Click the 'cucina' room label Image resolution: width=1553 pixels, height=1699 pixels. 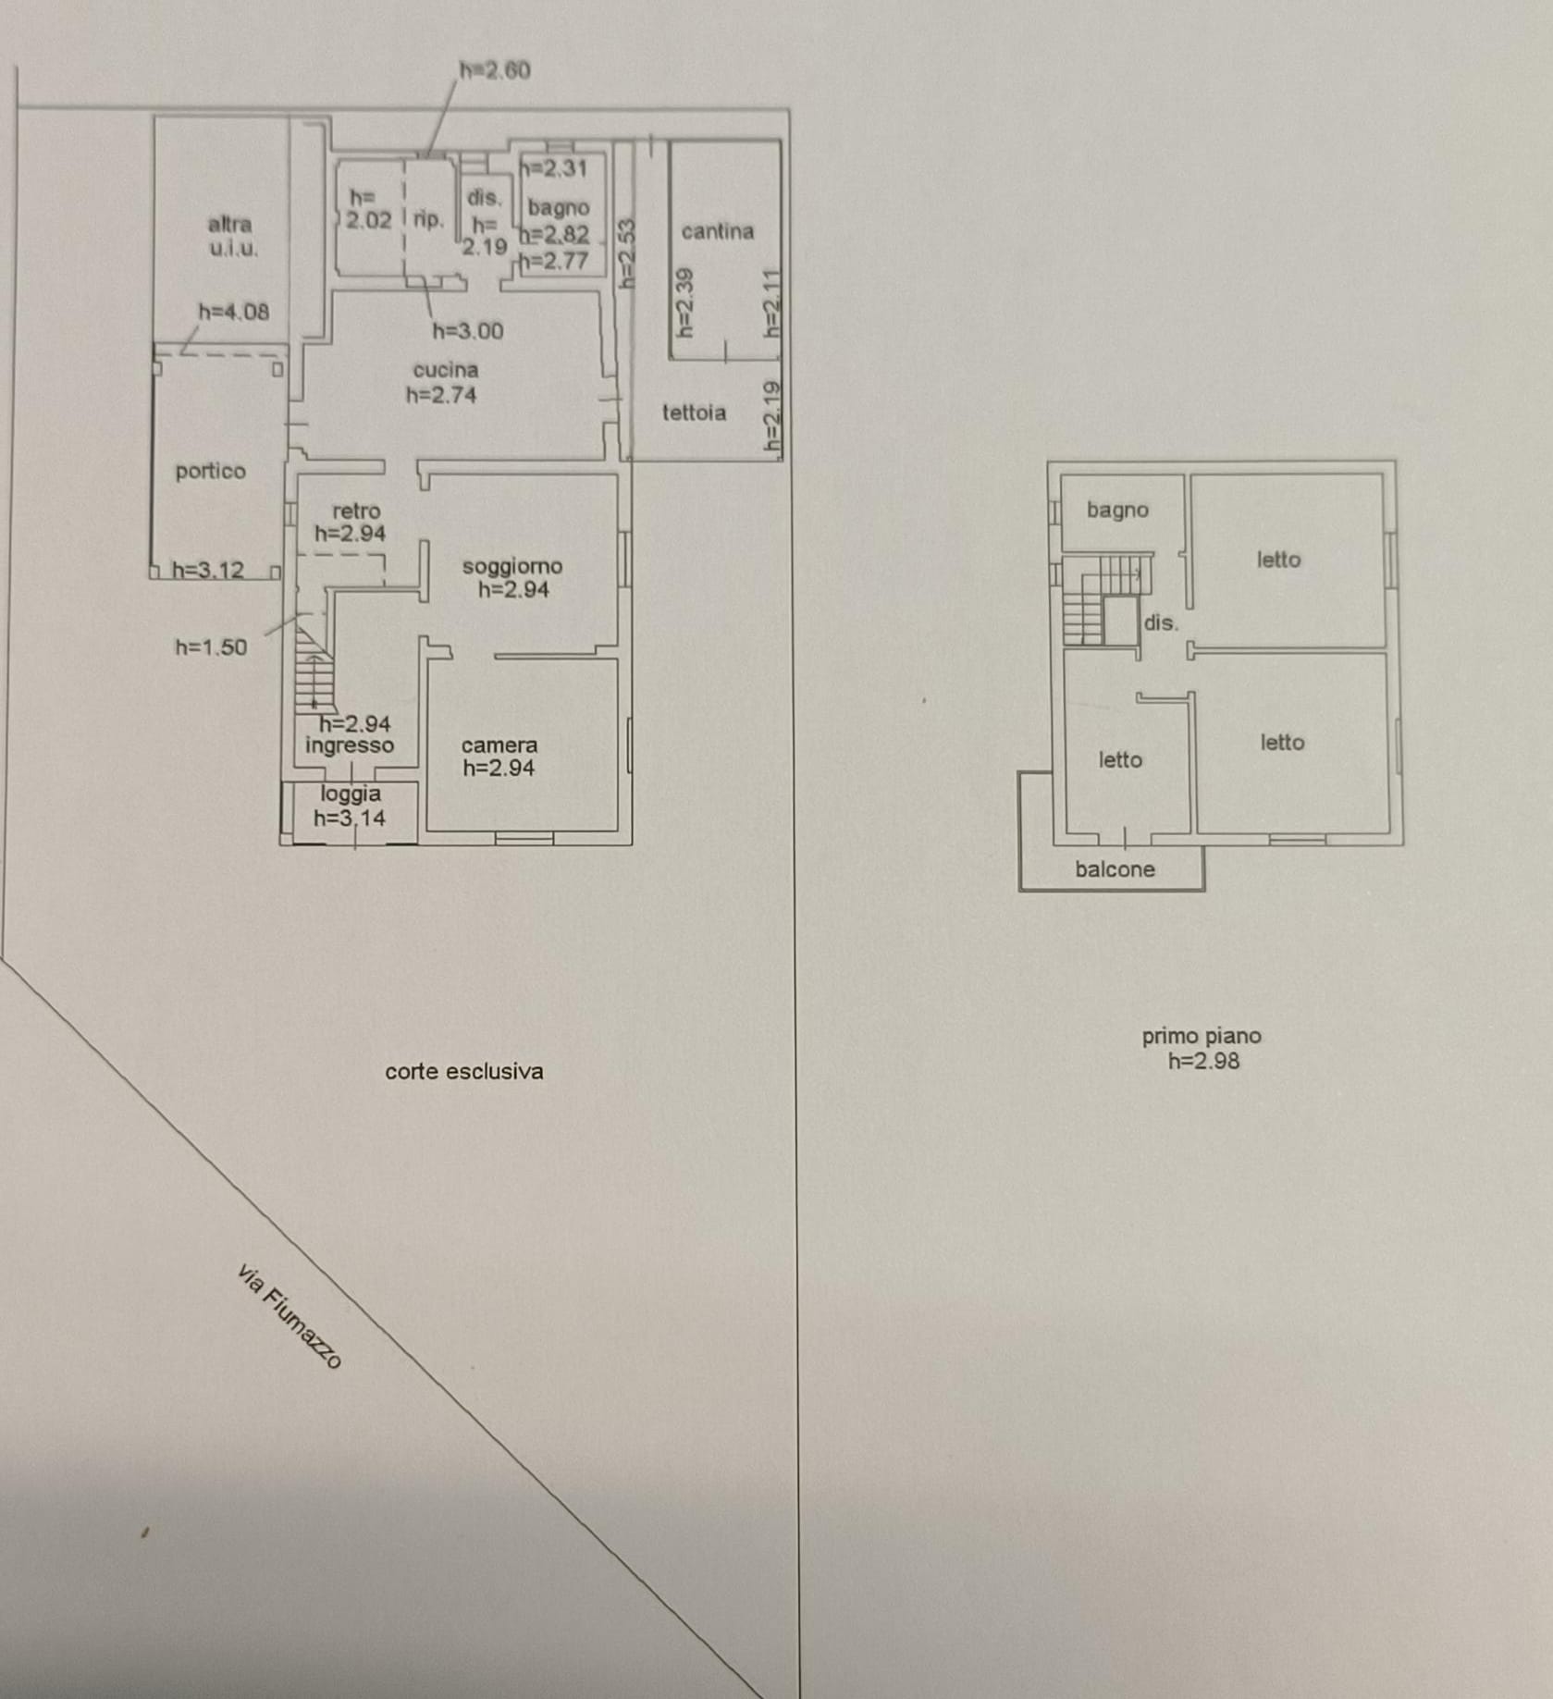(x=446, y=370)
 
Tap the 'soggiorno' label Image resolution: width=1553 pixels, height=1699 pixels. (x=512, y=566)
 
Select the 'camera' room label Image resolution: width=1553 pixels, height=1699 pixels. (x=499, y=745)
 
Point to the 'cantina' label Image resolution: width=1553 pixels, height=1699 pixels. (x=718, y=231)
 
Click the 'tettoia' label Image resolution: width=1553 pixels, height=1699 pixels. (x=694, y=412)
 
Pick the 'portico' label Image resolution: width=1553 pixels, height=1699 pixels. (x=211, y=472)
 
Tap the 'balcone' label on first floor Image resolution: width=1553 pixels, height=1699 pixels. (x=1115, y=869)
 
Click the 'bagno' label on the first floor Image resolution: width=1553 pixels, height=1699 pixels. (x=1117, y=510)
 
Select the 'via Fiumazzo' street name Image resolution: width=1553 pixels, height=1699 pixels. (x=290, y=1316)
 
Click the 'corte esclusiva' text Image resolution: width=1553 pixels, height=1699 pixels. (x=464, y=1071)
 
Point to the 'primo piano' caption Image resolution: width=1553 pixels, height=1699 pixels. (x=1202, y=1036)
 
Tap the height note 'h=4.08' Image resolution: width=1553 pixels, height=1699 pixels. (x=234, y=312)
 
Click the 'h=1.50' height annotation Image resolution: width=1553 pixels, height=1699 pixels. (x=212, y=647)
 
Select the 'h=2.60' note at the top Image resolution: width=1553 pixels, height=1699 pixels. (x=495, y=70)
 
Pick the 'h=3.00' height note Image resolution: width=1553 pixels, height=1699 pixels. (x=468, y=331)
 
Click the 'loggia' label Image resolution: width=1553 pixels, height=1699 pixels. (x=351, y=794)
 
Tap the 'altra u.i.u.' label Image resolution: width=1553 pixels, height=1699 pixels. (x=231, y=236)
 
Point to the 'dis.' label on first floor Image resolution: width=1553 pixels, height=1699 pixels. (x=1161, y=622)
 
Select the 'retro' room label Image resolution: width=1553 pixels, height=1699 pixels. (x=356, y=511)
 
